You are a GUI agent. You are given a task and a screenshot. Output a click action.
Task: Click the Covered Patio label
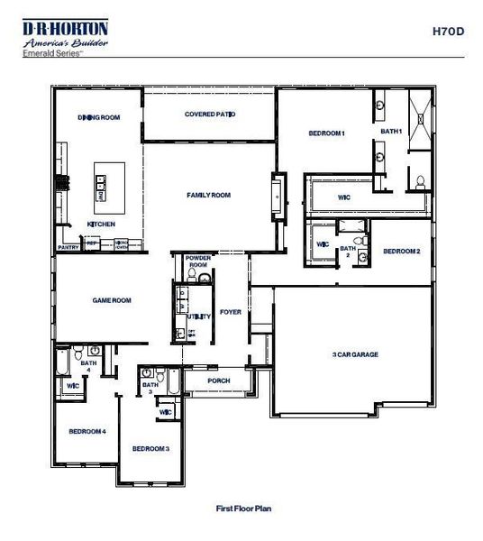209,115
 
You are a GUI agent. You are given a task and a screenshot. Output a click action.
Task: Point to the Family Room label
209,195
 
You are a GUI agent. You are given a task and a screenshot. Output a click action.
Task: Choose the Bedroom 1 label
326,133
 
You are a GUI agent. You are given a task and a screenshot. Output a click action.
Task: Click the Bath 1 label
390,132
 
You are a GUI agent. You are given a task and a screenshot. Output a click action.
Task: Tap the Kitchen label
100,224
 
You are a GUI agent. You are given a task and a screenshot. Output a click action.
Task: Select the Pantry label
68,246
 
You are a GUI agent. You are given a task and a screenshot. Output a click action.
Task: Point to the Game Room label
112,300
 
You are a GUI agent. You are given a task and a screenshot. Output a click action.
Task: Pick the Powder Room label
197,261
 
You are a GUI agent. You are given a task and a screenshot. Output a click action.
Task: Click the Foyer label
230,312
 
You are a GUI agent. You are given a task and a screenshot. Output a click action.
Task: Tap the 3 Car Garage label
354,354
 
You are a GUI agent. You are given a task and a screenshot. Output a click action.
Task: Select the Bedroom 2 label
402,252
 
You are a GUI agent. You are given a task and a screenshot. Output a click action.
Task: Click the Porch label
218,381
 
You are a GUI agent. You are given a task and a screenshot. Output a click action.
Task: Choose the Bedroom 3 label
150,448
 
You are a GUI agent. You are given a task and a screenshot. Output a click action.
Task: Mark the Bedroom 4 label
88,431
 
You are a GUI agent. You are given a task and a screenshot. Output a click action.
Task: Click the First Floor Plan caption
243,509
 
